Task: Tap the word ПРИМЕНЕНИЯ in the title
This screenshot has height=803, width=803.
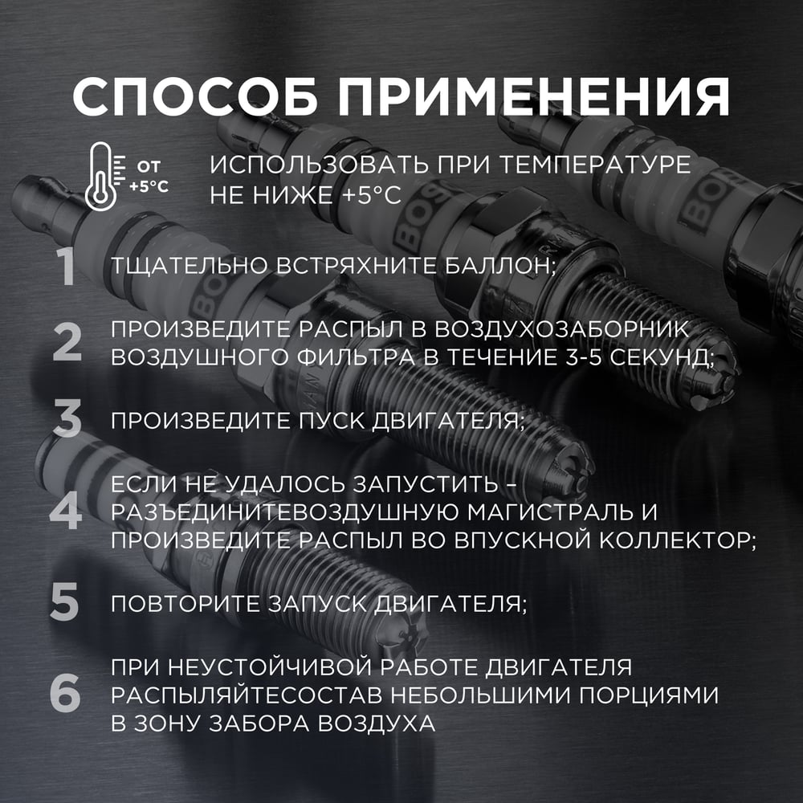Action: point(533,97)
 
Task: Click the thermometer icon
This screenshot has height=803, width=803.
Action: point(101,177)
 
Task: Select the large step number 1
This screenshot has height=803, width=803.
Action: point(67,267)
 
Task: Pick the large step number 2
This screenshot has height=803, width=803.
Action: point(67,342)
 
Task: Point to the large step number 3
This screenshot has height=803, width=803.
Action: point(67,419)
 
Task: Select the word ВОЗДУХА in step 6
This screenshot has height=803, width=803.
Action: point(377,724)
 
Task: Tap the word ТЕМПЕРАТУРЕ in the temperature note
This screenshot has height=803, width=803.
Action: point(595,165)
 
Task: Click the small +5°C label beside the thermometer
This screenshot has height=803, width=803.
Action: point(149,186)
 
